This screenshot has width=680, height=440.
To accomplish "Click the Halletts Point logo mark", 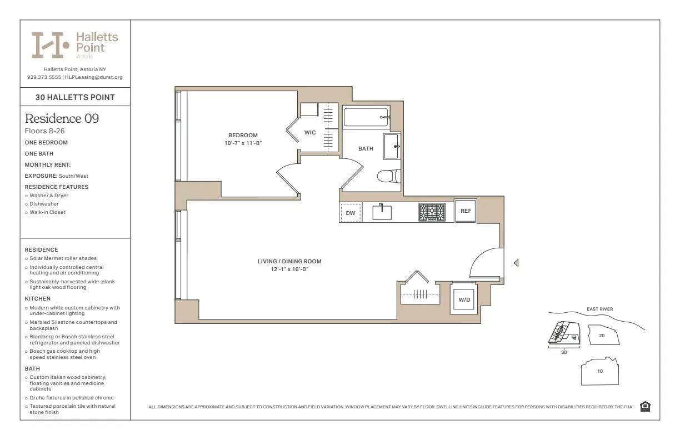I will click(51, 45).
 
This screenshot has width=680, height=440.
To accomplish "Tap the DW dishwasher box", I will click(351, 213).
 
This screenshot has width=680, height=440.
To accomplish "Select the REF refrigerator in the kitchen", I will click(466, 211).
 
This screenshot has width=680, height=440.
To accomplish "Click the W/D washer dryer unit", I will click(464, 300).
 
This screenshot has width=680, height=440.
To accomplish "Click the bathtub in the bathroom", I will click(366, 117).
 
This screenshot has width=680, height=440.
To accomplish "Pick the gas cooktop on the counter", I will click(432, 212).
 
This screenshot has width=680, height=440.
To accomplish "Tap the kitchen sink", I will click(382, 212).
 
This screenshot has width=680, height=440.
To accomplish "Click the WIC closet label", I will click(310, 132).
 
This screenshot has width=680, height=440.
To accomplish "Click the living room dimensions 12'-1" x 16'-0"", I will click(289, 269).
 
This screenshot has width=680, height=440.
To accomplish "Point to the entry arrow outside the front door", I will click(516, 263).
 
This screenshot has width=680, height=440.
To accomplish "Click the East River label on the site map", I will click(599, 309).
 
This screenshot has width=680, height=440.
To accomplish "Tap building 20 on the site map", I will click(602, 336).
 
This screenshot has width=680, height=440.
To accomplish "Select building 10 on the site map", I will click(600, 371).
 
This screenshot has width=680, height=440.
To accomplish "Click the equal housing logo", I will click(645, 407).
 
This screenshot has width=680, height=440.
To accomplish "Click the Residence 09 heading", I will click(62, 118).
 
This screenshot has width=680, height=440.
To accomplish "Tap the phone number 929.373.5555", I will click(44, 77).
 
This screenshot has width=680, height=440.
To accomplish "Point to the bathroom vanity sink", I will click(392, 147).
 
